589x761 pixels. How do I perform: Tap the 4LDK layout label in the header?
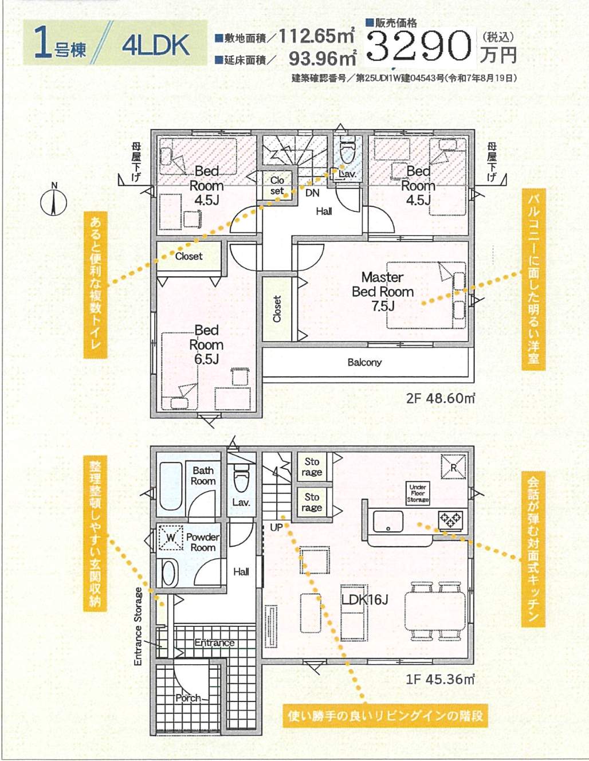point(156,45)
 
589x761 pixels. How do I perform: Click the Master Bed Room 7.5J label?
point(382,291)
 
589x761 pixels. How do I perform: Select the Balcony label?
point(364,362)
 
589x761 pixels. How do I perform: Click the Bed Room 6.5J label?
point(206,344)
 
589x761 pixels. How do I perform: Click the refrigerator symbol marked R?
point(453,467)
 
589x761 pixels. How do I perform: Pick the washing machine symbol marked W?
point(171,538)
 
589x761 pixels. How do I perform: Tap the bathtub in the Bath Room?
point(171,487)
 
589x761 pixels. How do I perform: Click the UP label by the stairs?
point(276,527)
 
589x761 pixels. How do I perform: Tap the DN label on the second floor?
point(312,193)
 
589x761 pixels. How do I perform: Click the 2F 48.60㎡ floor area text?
point(441,398)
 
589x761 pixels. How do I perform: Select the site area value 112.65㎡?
point(317,36)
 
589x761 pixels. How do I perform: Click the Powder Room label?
point(203,542)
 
